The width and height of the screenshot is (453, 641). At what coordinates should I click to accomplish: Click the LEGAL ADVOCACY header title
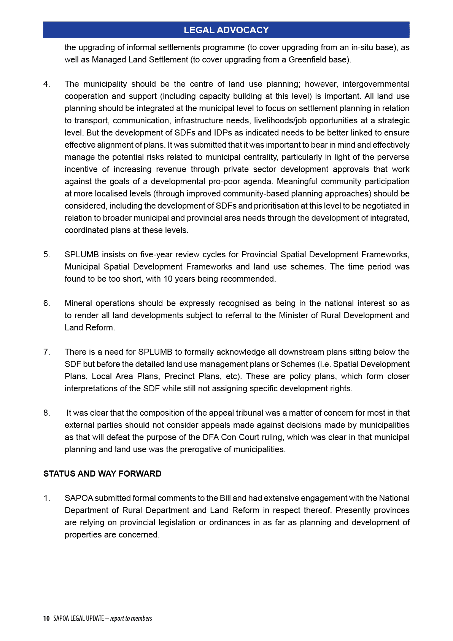(226, 30)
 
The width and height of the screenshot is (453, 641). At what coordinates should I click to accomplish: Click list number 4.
(46, 84)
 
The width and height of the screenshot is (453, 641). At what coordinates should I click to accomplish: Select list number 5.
(46, 255)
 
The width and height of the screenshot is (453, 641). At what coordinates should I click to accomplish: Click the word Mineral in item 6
(78, 303)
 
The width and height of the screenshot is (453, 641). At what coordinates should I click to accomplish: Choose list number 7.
(46, 352)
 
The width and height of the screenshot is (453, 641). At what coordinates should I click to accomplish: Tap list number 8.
(46, 413)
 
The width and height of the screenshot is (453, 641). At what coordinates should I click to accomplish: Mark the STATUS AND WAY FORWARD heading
(102, 474)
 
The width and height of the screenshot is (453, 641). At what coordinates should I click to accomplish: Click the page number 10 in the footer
(46, 619)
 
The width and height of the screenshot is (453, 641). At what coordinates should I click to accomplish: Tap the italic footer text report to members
(131, 619)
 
